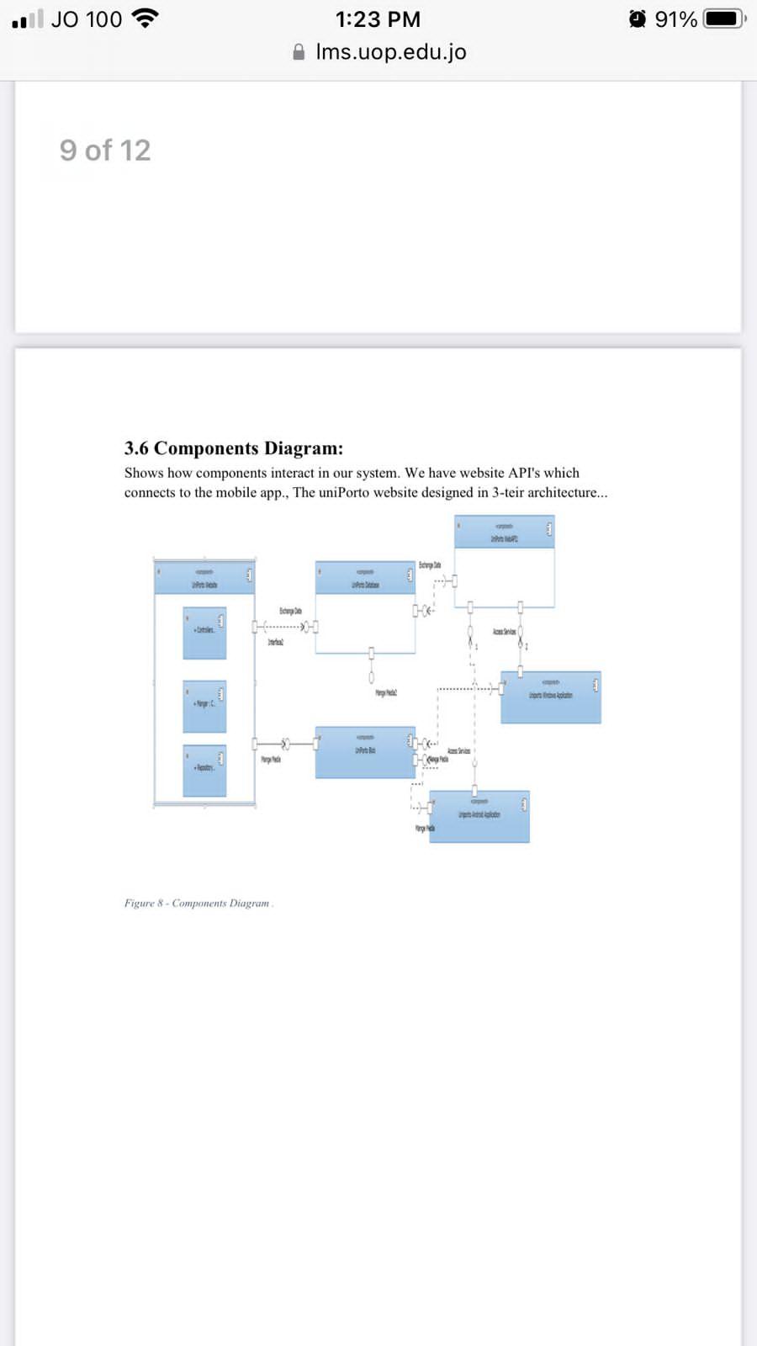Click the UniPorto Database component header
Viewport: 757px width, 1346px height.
tap(365, 579)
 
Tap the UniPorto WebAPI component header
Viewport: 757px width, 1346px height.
tap(504, 533)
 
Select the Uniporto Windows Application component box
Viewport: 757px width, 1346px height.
tap(551, 697)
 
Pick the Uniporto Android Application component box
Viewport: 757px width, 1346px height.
tap(479, 816)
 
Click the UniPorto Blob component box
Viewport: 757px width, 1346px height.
tap(365, 752)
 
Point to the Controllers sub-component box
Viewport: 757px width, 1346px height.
tap(204, 633)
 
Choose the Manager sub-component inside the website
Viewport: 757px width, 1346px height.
tap(204, 705)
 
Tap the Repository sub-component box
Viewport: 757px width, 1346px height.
tap(204, 770)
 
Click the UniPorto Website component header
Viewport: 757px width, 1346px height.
tap(204, 578)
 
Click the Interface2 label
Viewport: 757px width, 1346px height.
tap(275, 643)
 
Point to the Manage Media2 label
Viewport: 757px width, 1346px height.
tap(385, 693)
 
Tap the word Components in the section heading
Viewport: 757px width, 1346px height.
tap(206, 448)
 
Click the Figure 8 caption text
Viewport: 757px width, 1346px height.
tap(199, 904)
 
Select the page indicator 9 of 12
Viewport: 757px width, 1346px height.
tap(105, 151)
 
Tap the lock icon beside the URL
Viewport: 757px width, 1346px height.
tap(299, 52)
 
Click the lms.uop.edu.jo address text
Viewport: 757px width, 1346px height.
tap(391, 52)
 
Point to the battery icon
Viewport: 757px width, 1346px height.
tap(724, 19)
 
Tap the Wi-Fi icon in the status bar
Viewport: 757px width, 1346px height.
tap(146, 18)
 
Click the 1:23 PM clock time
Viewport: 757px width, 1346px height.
tap(378, 19)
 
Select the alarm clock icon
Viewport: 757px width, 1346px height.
tap(638, 19)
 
